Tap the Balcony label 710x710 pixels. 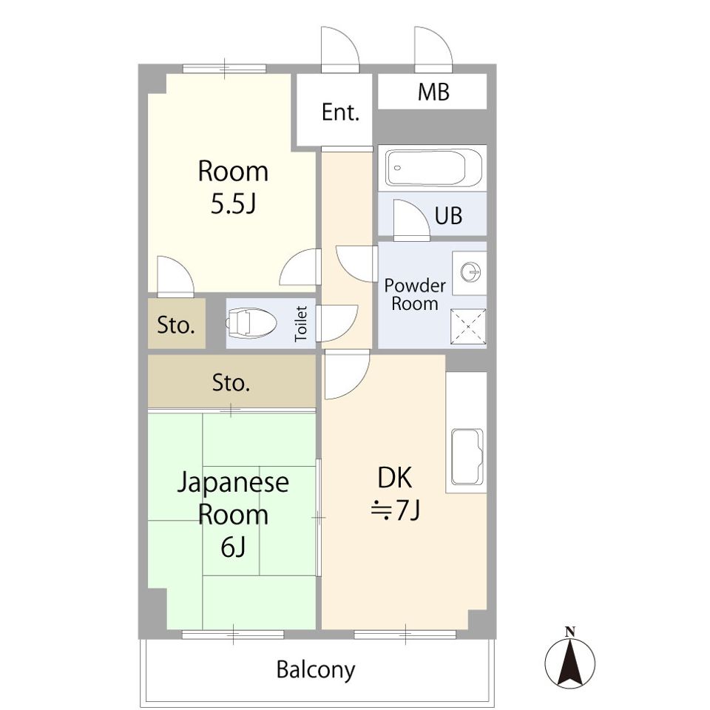pyautogui.click(x=316, y=670)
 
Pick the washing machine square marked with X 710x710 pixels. pyautogui.click(x=468, y=327)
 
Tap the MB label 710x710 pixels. pyautogui.click(x=433, y=92)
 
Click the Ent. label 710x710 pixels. pyautogui.click(x=340, y=113)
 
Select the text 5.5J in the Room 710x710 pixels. pyautogui.click(x=233, y=205)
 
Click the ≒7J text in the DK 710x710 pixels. pyautogui.click(x=396, y=510)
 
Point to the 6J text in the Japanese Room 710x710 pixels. pyautogui.click(x=233, y=547)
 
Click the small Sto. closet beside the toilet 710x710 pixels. pyautogui.click(x=176, y=324)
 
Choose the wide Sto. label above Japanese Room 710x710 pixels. pyautogui.click(x=231, y=383)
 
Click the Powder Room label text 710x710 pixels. pyautogui.click(x=414, y=294)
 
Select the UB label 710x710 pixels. pyautogui.click(x=448, y=215)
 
